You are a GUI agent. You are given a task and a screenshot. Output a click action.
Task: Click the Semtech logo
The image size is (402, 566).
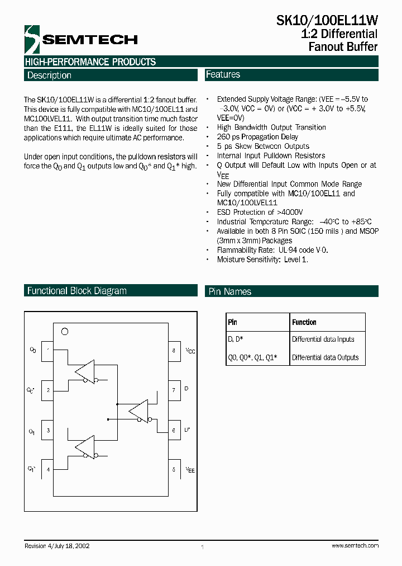[80, 39]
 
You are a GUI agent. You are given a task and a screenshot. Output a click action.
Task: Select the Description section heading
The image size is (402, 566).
[49, 76]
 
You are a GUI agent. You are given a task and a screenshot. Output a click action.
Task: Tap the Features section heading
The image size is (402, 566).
[223, 74]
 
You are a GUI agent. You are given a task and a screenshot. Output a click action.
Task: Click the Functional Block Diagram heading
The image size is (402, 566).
[76, 291]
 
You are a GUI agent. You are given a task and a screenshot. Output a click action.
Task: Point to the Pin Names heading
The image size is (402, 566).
[229, 291]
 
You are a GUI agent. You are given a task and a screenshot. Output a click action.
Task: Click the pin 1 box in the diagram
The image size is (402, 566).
[47, 350]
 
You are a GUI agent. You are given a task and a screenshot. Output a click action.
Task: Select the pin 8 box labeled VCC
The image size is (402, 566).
[174, 350]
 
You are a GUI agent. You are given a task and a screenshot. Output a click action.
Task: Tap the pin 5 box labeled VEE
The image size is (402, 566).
[174, 469]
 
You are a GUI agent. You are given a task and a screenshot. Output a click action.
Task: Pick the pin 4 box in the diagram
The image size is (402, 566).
[47, 469]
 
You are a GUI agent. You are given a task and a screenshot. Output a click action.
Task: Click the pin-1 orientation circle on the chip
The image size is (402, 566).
[64, 332]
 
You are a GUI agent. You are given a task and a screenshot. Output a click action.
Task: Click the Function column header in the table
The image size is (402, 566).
[304, 322]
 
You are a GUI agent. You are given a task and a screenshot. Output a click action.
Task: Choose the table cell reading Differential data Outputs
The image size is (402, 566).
[326, 357]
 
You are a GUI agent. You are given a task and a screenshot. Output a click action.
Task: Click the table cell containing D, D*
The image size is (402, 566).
[235, 339]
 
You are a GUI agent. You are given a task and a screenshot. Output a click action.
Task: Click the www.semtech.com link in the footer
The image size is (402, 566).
[355, 545]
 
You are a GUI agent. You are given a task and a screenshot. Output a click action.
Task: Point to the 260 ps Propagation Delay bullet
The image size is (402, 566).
[257, 137]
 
